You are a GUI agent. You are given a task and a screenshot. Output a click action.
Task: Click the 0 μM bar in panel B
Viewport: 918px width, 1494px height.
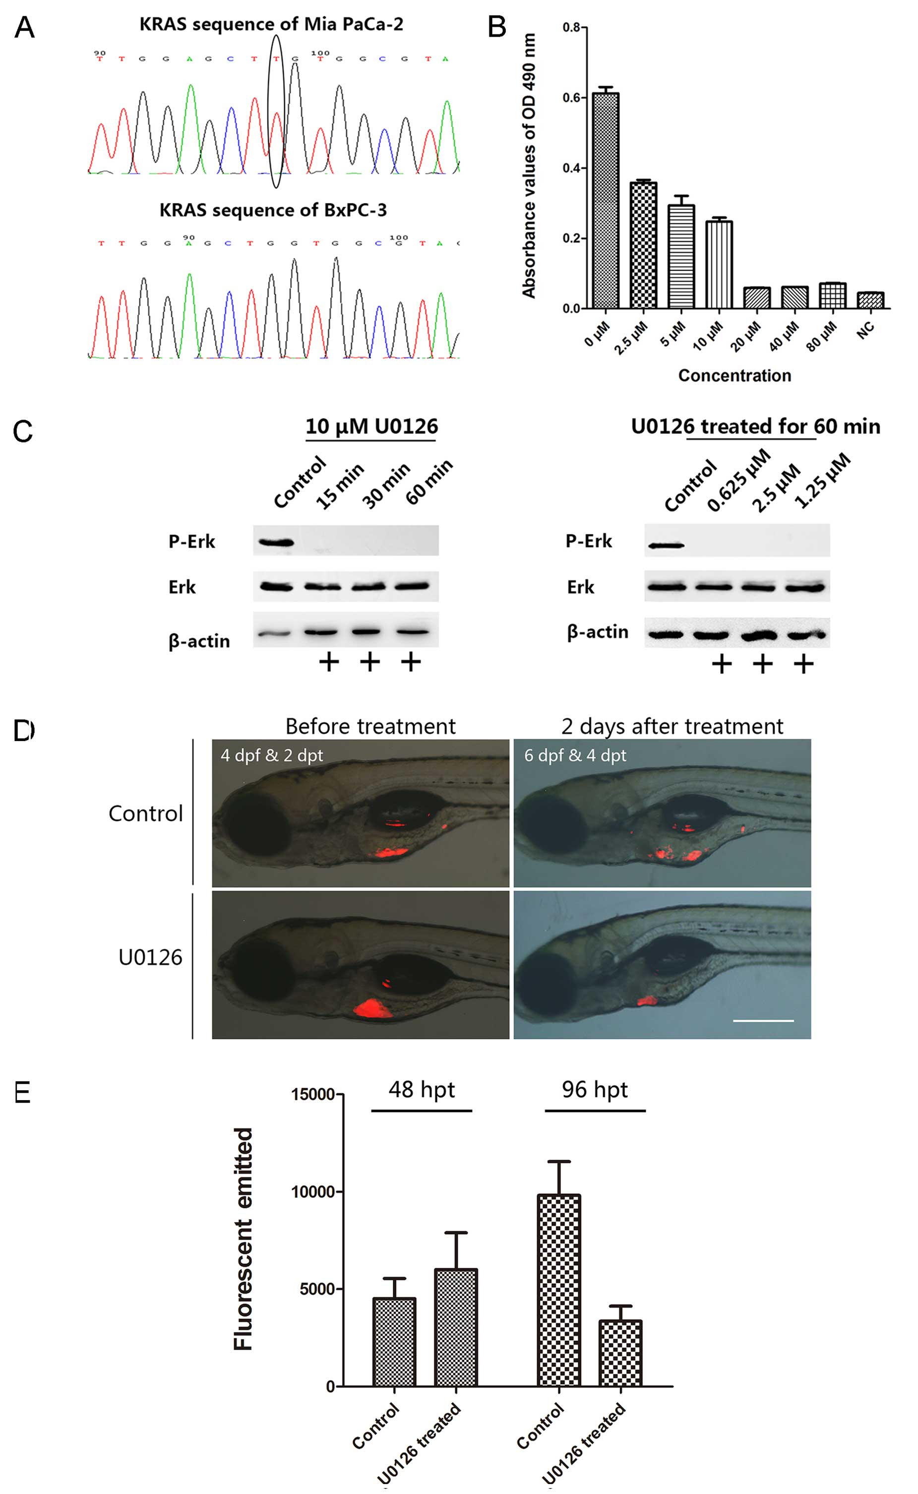click(x=606, y=201)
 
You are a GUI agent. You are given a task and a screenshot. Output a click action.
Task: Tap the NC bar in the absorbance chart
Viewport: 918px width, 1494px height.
click(x=870, y=301)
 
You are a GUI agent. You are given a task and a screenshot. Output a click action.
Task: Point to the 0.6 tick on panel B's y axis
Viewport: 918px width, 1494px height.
click(x=571, y=98)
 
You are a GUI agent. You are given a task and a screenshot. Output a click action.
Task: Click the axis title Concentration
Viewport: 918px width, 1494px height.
click(x=734, y=376)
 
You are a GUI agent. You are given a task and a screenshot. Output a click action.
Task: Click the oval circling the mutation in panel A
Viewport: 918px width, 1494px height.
click(x=276, y=111)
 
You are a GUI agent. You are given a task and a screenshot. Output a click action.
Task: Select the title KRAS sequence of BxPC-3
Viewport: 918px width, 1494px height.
click(x=273, y=210)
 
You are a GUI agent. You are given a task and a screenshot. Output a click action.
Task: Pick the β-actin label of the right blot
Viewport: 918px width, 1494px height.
click(x=598, y=632)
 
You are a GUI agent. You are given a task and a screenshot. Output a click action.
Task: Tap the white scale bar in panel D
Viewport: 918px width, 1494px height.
click(x=763, y=1020)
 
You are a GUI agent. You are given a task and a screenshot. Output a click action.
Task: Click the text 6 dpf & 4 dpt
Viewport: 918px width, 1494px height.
click(x=575, y=755)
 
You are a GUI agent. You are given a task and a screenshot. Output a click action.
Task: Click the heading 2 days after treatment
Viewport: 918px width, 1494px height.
click(x=672, y=726)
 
